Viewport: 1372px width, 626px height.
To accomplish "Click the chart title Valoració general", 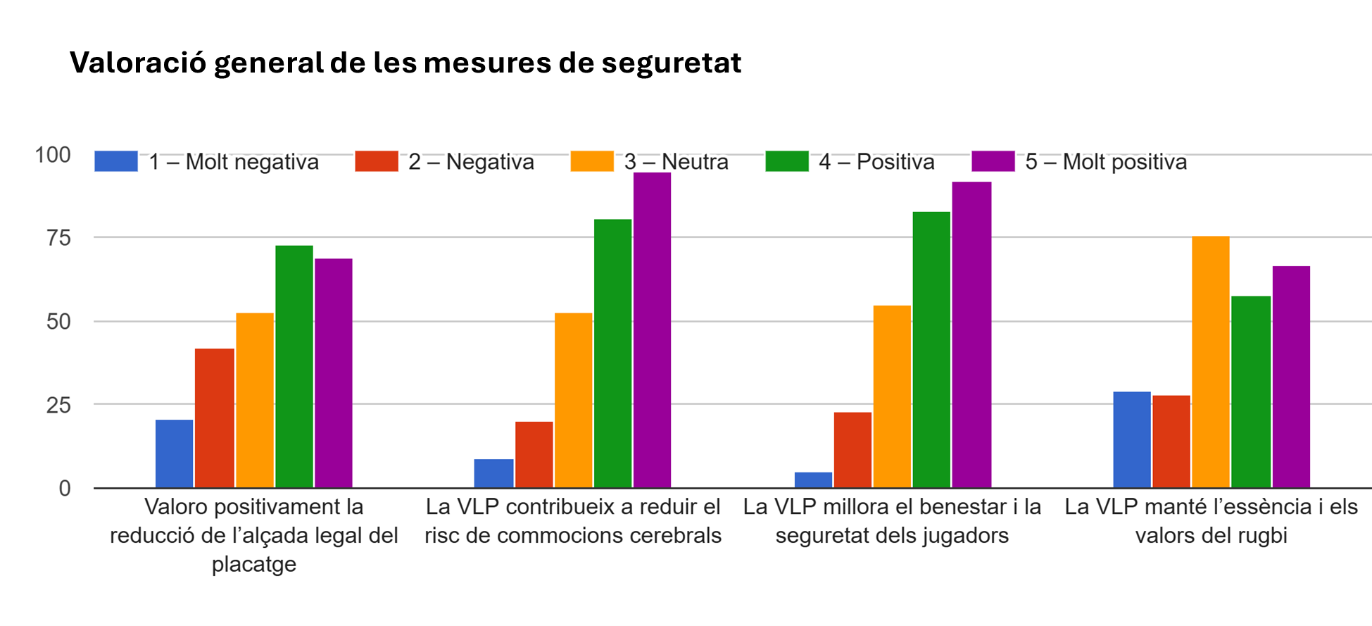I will click(405, 63).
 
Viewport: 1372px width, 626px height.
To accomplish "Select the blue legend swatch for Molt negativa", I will click(116, 161).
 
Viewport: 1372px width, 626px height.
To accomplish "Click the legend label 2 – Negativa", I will click(471, 162).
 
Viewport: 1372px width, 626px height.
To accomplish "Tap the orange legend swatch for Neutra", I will click(592, 161).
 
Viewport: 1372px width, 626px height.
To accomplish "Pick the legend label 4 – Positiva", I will click(876, 162).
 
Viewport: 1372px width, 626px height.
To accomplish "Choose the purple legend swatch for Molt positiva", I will click(993, 161).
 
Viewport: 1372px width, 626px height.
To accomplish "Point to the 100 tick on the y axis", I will click(53, 155).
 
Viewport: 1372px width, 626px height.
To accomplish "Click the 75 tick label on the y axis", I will click(58, 238).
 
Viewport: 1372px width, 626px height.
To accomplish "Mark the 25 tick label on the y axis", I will click(58, 405).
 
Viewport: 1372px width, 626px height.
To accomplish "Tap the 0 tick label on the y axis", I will click(65, 488).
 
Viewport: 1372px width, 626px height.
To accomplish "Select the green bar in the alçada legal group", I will click(294, 366).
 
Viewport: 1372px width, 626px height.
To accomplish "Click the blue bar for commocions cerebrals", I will click(493, 473).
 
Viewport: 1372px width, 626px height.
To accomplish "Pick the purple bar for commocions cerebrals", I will click(652, 331).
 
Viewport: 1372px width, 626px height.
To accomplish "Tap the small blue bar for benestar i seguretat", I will click(813, 480).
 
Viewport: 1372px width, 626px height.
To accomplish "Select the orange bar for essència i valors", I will click(1211, 363).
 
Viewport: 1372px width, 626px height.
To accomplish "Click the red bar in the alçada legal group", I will click(215, 418).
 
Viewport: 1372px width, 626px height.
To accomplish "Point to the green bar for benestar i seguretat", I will click(931, 350).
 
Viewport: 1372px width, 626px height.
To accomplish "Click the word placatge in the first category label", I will click(254, 564).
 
